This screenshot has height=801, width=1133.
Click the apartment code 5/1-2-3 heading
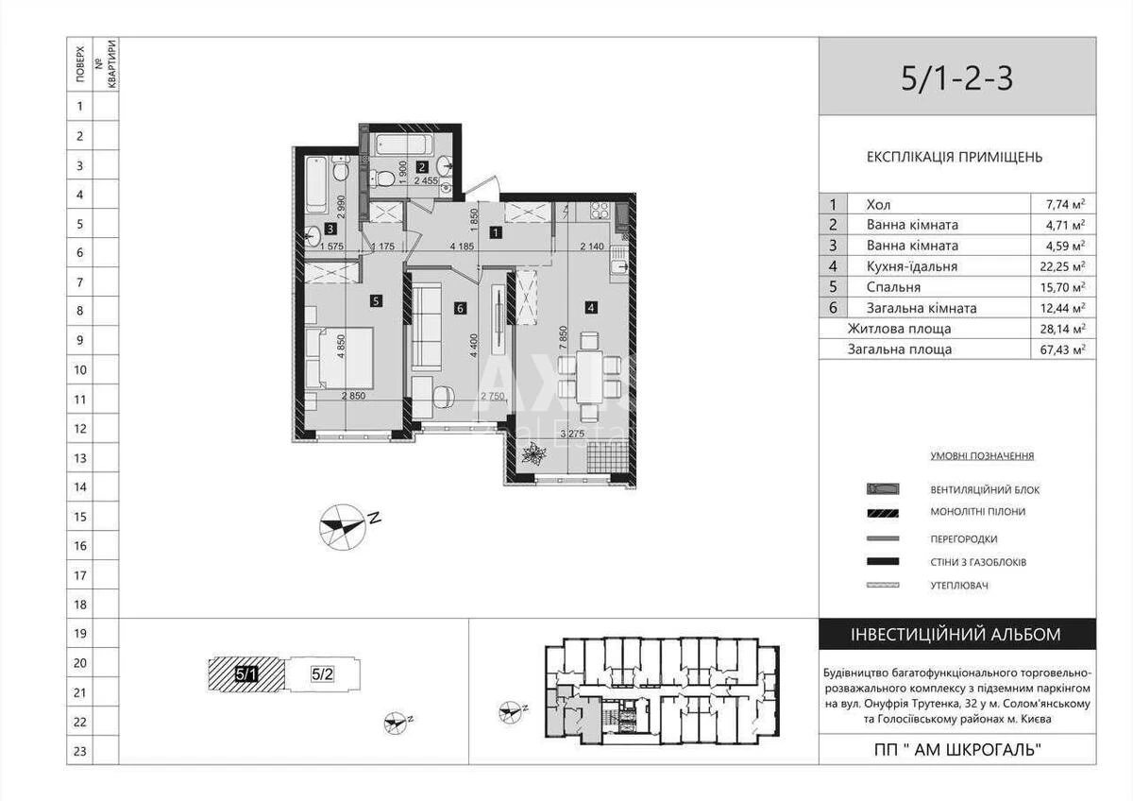click(956, 78)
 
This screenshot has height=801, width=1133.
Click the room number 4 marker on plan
click(590, 306)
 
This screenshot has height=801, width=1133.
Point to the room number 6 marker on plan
click(460, 307)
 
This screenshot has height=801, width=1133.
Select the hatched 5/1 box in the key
click(245, 674)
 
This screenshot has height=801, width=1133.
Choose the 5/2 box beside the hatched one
click(323, 674)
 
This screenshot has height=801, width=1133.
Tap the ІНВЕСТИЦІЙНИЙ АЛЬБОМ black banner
click(957, 635)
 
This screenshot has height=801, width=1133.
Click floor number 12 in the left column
click(80, 429)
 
